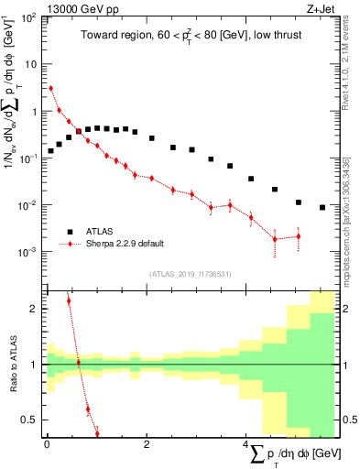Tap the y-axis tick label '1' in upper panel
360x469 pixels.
point(36,112)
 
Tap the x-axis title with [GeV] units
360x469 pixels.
point(293,454)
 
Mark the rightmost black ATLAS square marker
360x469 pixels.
point(322,208)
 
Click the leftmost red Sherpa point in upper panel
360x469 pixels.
point(50,89)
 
